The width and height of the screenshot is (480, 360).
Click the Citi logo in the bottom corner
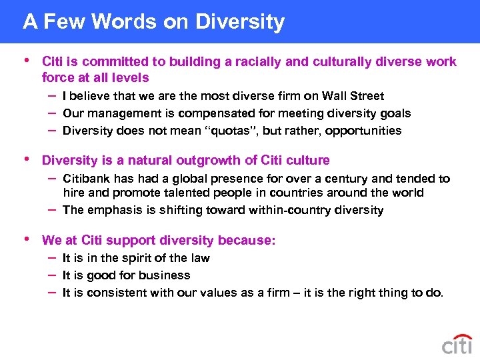pyautogui.click(x=457, y=344)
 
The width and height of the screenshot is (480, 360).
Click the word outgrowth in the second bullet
pyautogui.click(x=202, y=161)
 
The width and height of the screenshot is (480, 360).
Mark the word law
pyautogui.click(x=200, y=258)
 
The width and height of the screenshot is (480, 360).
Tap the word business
pyautogui.click(x=167, y=275)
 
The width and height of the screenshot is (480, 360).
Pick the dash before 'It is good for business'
pyautogui.click(x=52, y=275)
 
